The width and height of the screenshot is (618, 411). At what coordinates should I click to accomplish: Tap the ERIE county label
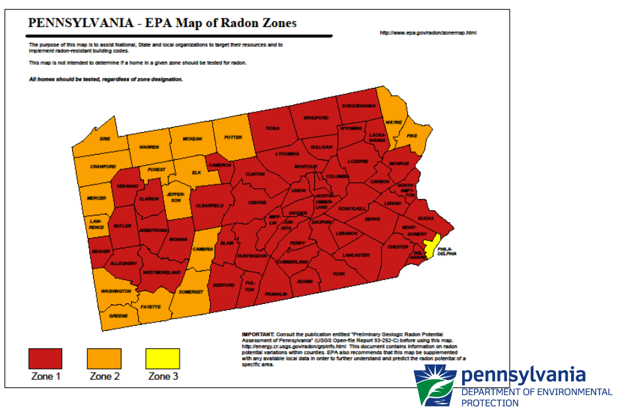tap(105, 139)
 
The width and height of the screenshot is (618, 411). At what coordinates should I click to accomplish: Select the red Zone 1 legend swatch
tap(45, 359)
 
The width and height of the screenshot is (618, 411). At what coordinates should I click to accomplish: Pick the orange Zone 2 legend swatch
tap(104, 359)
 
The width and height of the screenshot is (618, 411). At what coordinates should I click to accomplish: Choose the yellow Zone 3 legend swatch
tap(162, 359)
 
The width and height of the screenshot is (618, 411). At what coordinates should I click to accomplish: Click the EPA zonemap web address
tap(428, 32)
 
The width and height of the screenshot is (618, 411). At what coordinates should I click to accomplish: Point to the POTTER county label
tap(233, 138)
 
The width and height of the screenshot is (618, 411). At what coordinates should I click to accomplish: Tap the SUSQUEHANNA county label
tap(359, 105)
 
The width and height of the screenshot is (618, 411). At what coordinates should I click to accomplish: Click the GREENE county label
tap(118, 316)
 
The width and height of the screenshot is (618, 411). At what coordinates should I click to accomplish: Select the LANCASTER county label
tap(356, 254)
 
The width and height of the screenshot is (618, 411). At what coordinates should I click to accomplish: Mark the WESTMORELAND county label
tap(162, 272)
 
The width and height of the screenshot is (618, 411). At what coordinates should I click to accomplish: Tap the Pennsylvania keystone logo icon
tap(434, 385)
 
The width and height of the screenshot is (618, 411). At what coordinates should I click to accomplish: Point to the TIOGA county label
tap(272, 128)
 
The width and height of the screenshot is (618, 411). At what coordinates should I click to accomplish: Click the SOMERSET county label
tap(191, 291)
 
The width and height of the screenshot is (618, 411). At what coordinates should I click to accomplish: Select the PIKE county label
tap(412, 135)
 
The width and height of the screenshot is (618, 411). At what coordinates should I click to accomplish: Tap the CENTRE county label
tap(257, 203)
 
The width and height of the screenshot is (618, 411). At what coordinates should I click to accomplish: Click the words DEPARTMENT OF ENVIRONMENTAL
tap(536, 392)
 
